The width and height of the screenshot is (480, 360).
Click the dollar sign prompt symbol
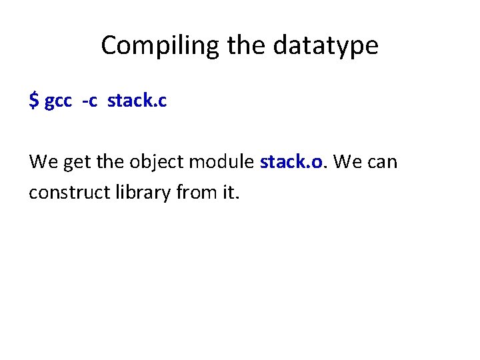[x=33, y=101]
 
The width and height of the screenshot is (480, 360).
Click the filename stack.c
[x=137, y=101]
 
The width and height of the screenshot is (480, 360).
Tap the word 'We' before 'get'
[x=41, y=161]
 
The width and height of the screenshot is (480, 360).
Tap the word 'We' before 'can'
[x=346, y=161]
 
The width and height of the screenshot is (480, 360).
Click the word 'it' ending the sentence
[x=227, y=193]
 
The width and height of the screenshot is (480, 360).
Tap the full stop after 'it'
[x=235, y=198]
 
